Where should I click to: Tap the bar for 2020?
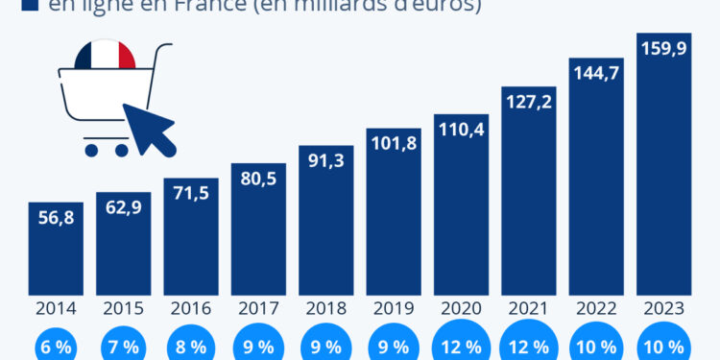click(x=461, y=206)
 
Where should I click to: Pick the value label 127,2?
click(x=528, y=101)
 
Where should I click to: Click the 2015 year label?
click(x=123, y=308)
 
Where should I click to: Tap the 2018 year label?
click(x=325, y=308)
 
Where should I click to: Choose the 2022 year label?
click(x=595, y=308)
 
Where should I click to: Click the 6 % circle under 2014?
click(x=56, y=347)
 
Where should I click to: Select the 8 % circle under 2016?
click(x=191, y=347)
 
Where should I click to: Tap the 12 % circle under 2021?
click(x=528, y=346)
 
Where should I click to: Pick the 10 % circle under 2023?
click(x=663, y=346)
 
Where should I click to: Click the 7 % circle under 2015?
click(x=123, y=347)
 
